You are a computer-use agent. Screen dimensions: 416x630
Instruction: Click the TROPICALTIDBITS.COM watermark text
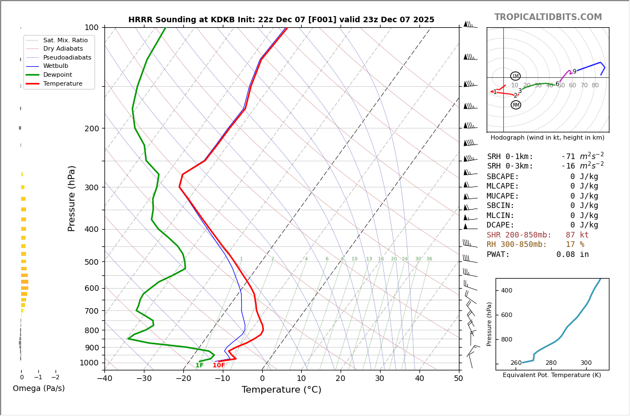click(548, 17)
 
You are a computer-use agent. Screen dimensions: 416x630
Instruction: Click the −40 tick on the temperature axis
click(104, 379)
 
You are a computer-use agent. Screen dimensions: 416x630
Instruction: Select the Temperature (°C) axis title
click(281, 390)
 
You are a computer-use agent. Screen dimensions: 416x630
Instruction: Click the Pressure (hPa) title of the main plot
click(72, 198)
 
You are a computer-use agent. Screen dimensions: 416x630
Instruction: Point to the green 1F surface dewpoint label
click(199, 365)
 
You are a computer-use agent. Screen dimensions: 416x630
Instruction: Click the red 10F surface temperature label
click(219, 365)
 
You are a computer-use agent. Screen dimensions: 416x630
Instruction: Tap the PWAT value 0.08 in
click(572, 255)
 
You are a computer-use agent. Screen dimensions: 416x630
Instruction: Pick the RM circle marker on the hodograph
click(516, 105)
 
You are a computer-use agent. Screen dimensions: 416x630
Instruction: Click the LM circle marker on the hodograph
click(515, 76)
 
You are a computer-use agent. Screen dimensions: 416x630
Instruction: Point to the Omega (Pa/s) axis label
click(38, 388)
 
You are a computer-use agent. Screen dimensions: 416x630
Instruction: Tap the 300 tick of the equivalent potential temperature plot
click(586, 363)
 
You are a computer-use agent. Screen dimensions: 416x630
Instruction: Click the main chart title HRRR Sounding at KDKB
click(281, 20)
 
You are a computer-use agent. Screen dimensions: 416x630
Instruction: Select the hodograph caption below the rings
click(547, 137)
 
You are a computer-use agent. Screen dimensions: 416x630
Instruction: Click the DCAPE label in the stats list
click(501, 225)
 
